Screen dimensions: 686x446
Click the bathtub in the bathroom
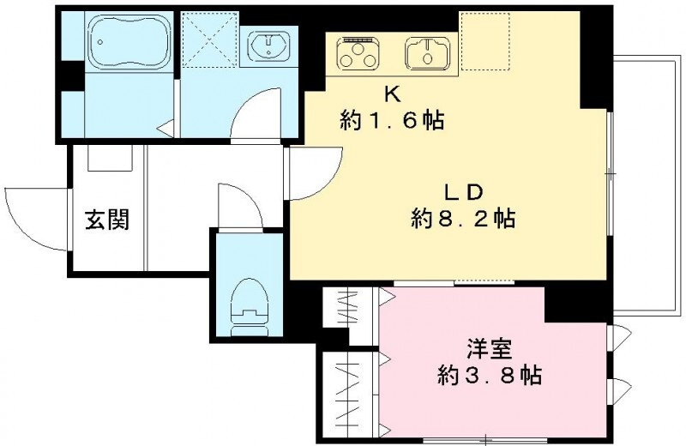click(x=129, y=42)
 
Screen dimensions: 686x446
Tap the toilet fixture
click(x=249, y=306)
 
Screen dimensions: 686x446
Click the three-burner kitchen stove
click(x=358, y=53)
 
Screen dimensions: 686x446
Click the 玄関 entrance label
click(x=107, y=220)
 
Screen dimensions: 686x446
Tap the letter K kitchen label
click(x=393, y=94)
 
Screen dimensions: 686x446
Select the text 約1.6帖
click(x=392, y=120)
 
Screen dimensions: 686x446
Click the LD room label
click(x=463, y=192)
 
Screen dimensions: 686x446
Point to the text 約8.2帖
click(x=463, y=218)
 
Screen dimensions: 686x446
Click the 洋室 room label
click(x=490, y=349)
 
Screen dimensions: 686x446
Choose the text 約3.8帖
click(x=490, y=375)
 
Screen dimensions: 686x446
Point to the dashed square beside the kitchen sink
click(x=485, y=41)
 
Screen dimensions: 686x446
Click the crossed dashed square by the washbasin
click(x=209, y=39)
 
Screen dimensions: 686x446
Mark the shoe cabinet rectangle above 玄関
click(x=110, y=158)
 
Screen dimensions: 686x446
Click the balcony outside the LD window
click(x=647, y=185)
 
